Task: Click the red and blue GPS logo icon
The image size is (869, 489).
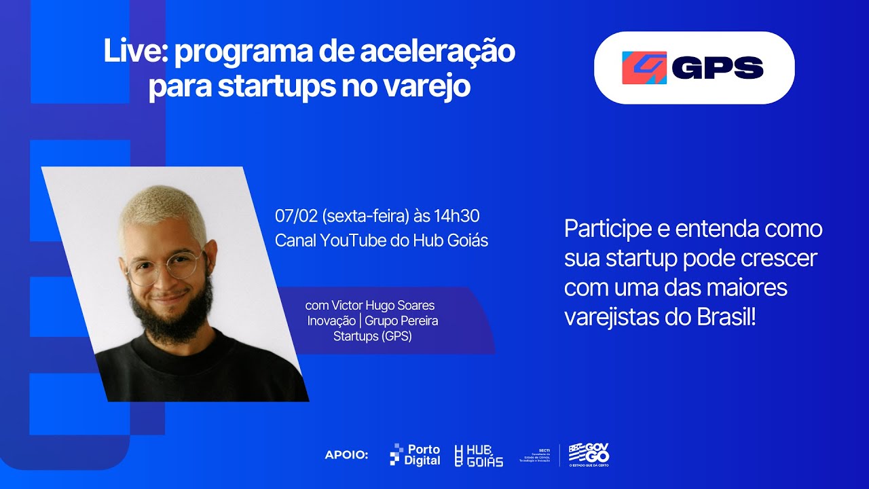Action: pyautogui.click(x=644, y=68)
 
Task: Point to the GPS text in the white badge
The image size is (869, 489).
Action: pyautogui.click(x=718, y=68)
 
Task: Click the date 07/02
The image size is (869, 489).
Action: pyautogui.click(x=297, y=217)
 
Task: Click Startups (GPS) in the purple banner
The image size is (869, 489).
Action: pyautogui.click(x=372, y=336)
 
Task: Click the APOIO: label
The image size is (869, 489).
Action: pyautogui.click(x=346, y=455)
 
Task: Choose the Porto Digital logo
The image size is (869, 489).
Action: pyautogui.click(x=415, y=455)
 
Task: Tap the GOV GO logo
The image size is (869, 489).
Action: pyautogui.click(x=589, y=455)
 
